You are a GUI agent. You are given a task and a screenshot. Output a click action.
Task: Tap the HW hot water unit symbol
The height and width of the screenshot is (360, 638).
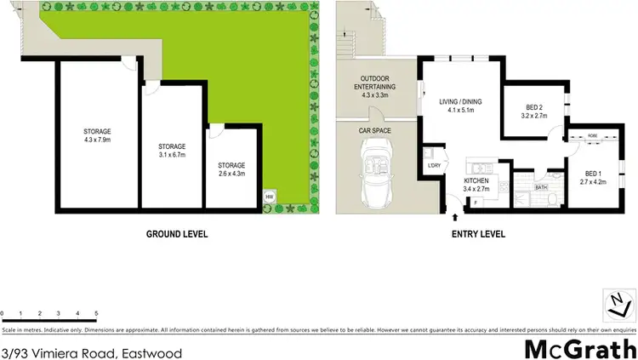tap(270, 197)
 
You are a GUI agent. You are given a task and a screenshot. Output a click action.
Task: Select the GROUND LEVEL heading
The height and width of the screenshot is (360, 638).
tap(177, 234)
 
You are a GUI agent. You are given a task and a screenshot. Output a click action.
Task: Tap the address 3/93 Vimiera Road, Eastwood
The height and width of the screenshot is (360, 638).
tap(92, 352)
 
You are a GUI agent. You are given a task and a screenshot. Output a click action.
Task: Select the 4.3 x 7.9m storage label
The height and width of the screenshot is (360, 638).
tap(97, 135)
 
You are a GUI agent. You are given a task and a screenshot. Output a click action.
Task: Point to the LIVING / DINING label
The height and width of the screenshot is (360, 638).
tap(460, 106)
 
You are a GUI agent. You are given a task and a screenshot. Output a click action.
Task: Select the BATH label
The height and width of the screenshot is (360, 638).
tap(540, 186)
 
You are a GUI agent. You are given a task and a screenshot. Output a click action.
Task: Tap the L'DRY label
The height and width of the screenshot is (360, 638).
tap(433, 165)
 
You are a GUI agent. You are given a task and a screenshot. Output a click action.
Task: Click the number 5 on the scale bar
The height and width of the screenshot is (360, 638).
tap(96, 314)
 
